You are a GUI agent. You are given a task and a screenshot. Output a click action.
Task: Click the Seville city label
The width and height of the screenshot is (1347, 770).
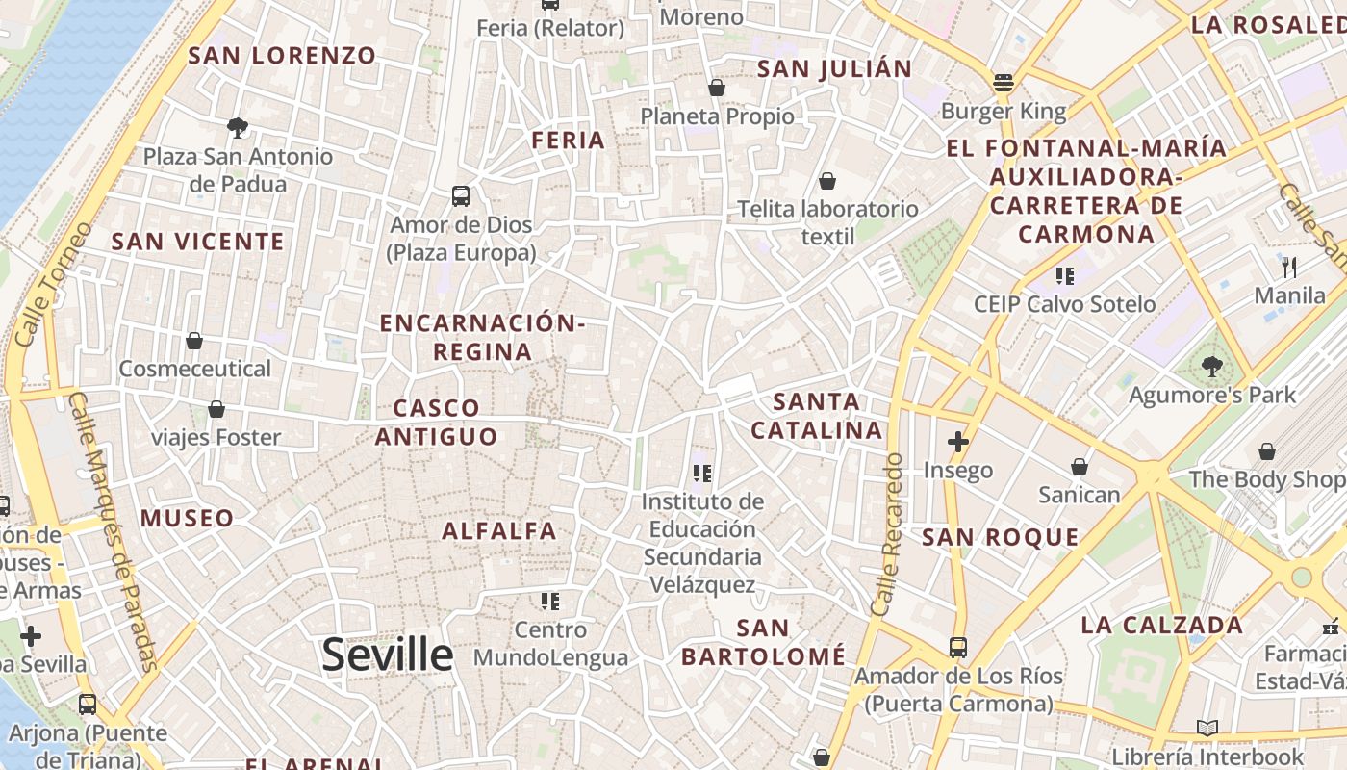(387, 654)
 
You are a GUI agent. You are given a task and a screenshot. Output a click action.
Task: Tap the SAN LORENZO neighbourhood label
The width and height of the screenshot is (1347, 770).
(282, 56)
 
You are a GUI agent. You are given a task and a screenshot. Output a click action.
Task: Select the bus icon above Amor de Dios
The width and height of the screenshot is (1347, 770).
(461, 196)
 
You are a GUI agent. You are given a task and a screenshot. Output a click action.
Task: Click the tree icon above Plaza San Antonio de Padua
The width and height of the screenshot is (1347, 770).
(237, 127)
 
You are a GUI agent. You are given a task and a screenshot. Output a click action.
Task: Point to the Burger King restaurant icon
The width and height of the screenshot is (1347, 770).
(1004, 83)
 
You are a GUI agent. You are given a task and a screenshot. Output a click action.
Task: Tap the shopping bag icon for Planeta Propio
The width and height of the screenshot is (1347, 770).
(716, 89)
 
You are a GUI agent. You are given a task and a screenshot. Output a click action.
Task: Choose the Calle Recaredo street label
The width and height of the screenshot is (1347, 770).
(887, 535)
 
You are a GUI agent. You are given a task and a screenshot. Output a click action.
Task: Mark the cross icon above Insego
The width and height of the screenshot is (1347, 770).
(957, 442)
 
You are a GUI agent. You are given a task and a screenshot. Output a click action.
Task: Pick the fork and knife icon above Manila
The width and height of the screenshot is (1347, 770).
(1289, 267)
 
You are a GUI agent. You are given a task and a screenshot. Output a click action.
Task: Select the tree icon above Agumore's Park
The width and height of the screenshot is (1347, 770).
(1211, 366)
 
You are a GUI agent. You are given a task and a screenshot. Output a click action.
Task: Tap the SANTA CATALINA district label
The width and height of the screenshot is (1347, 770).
(817, 416)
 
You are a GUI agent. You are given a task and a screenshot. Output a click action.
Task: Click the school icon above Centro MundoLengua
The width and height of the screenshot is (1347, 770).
(549, 603)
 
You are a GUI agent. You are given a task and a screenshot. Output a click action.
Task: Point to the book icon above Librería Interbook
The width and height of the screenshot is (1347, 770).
(1207, 729)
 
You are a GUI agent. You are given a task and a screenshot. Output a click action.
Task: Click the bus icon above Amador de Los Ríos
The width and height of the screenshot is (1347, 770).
(957, 647)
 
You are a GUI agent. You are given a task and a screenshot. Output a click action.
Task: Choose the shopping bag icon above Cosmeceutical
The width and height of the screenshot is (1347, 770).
(194, 341)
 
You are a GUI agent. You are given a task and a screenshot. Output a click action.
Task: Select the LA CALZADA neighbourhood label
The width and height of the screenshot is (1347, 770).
(1162, 626)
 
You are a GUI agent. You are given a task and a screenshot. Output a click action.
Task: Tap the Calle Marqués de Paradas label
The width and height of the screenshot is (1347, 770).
(114, 529)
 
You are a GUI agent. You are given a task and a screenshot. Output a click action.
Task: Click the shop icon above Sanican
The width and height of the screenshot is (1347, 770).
(1079, 467)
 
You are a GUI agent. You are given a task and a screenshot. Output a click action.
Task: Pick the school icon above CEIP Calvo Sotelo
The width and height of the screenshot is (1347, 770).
(1064, 276)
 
